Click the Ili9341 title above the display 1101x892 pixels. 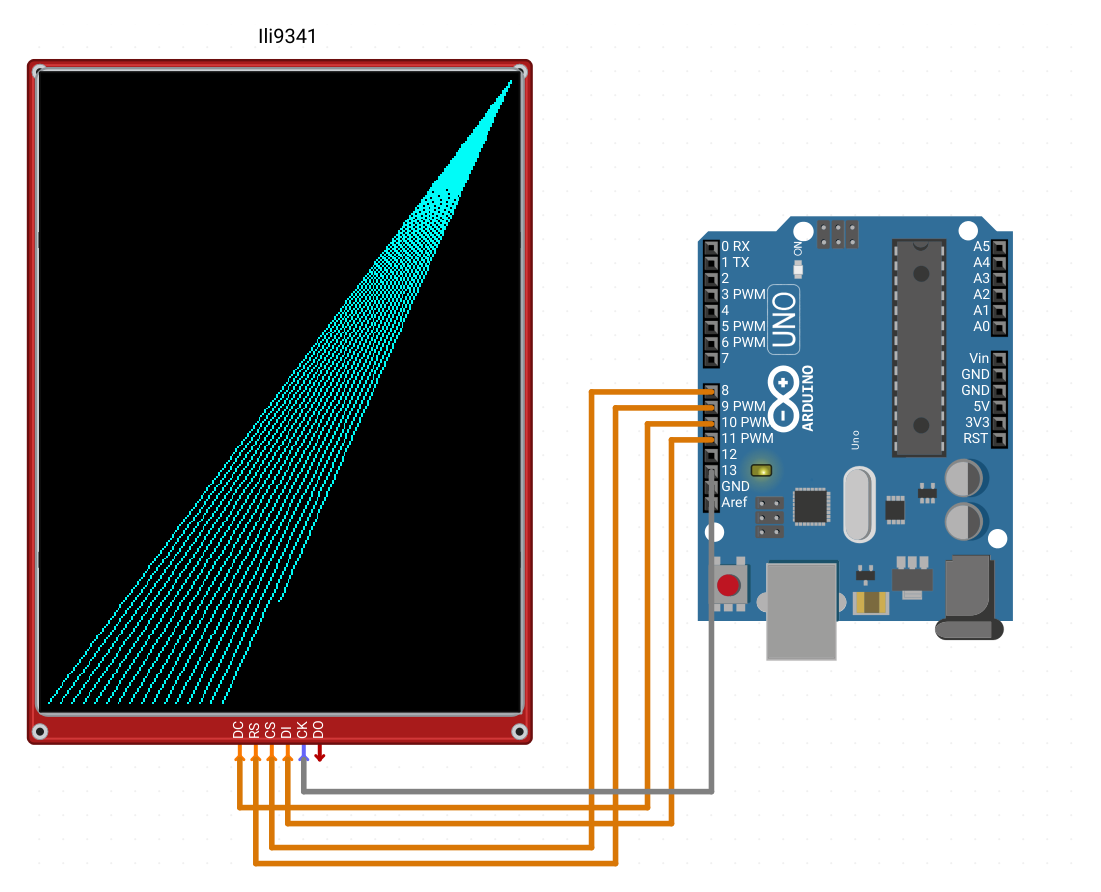click(287, 37)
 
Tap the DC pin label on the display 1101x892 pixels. click(238, 730)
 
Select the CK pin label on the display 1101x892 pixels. click(302, 730)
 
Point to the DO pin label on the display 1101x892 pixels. click(318, 730)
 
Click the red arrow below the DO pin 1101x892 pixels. click(319, 754)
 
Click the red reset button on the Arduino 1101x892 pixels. click(728, 584)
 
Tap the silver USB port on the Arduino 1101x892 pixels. click(801, 610)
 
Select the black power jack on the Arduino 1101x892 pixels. click(970, 597)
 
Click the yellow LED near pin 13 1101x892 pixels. click(761, 470)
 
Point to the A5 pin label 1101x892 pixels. click(981, 247)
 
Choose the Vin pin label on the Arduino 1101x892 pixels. click(979, 358)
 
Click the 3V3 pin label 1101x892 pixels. click(977, 422)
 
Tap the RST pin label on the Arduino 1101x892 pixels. click(976, 438)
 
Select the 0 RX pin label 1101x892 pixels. click(735, 247)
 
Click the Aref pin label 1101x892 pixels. click(734, 502)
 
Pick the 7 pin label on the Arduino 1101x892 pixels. click(725, 358)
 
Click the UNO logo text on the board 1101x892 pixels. click(784, 320)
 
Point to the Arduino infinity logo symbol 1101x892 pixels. click(783, 398)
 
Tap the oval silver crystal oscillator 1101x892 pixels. click(859, 504)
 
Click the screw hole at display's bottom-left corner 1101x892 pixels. click(40, 732)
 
